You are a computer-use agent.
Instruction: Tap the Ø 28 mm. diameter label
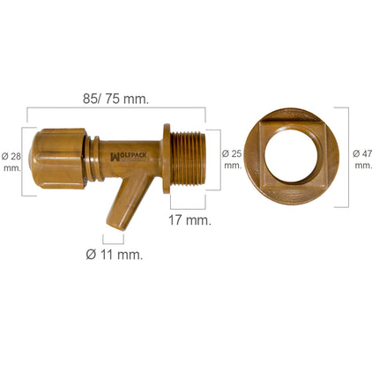(x=12, y=162)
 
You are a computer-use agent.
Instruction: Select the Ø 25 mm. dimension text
(x=232, y=159)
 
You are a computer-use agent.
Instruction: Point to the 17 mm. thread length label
(x=189, y=220)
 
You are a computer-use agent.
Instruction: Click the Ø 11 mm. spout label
(x=113, y=255)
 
